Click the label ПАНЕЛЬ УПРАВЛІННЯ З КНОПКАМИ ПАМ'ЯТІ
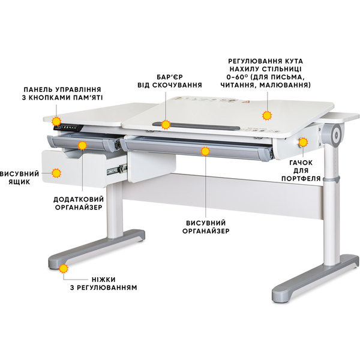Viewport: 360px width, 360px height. pyautogui.click(x=62, y=93)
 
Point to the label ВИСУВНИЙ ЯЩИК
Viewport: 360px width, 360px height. pyautogui.click(x=19, y=178)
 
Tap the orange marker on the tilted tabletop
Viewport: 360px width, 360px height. pyautogui.click(x=268, y=115)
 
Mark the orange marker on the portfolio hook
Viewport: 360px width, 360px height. pyautogui.click(x=304, y=142)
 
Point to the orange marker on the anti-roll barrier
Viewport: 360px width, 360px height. pyautogui.click(x=165, y=124)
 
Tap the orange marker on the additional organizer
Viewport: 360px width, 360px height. pyautogui.click(x=82, y=145)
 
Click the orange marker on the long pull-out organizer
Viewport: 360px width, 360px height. pyautogui.click(x=206, y=152)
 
